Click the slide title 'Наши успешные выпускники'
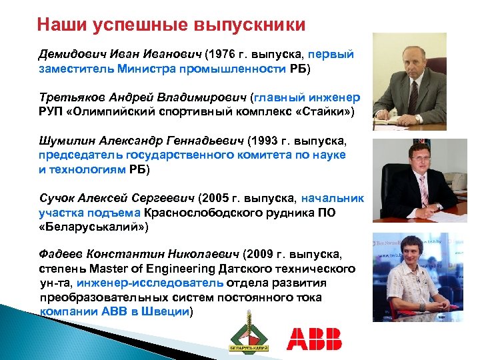pos(171,25)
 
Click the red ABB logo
pos(314,339)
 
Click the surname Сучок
pos(57,198)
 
